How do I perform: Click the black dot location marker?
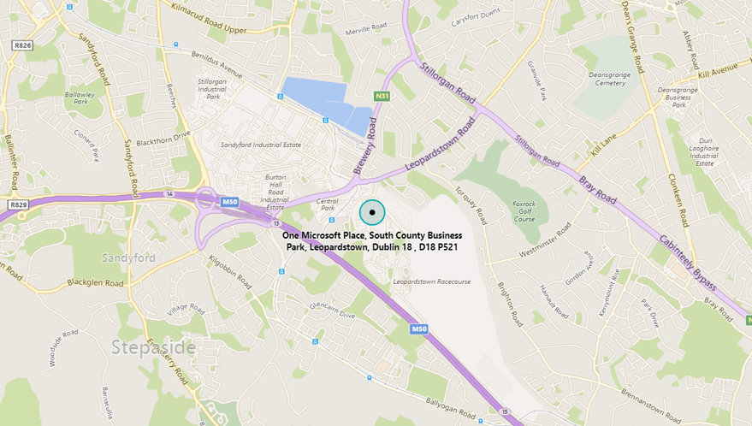372,212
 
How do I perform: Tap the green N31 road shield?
382,96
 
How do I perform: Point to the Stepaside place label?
153,347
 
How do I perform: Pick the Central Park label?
328,207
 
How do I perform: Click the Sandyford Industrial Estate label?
262,145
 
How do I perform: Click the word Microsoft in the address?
339,234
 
